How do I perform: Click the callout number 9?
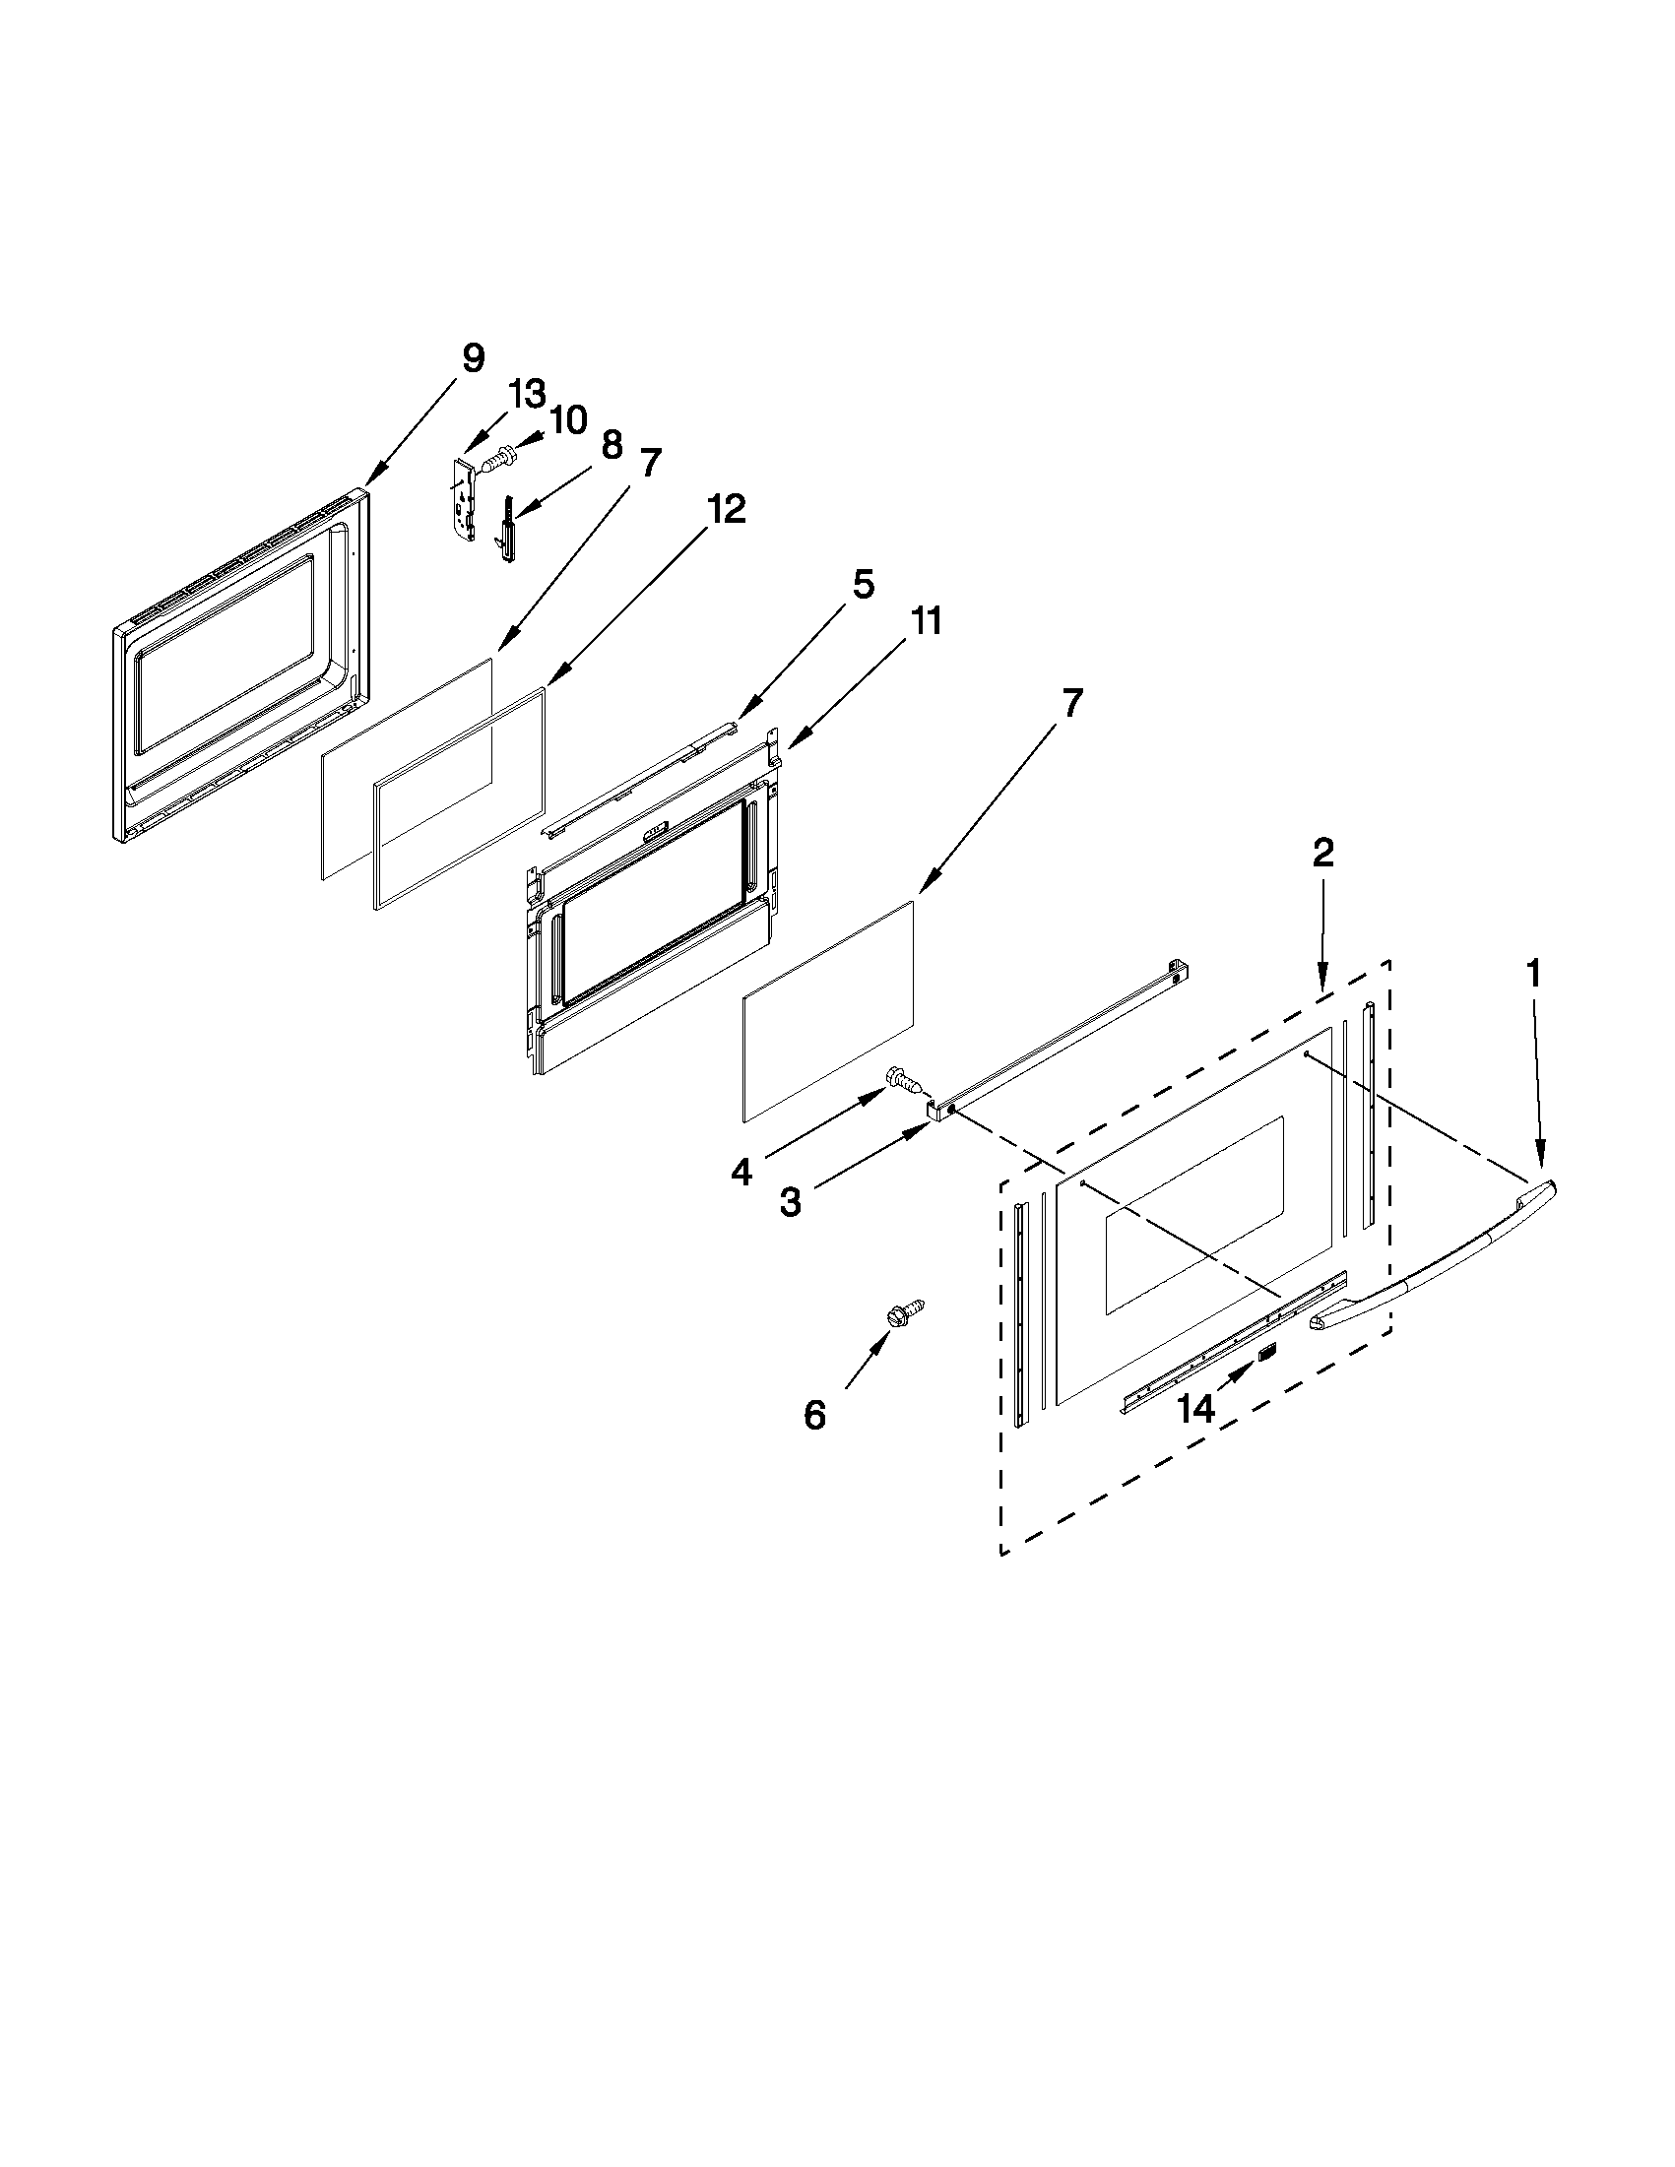(474, 358)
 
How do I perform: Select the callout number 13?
(527, 395)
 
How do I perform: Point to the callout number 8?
(612, 445)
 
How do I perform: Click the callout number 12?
(726, 510)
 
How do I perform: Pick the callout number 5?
(864, 586)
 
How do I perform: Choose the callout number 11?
(926, 622)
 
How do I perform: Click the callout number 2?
(1322, 853)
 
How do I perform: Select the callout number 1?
(1533, 975)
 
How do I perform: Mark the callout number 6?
(813, 1416)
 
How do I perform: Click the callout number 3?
(790, 1203)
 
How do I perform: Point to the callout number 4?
(741, 1173)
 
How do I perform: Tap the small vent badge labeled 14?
(1267, 1351)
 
